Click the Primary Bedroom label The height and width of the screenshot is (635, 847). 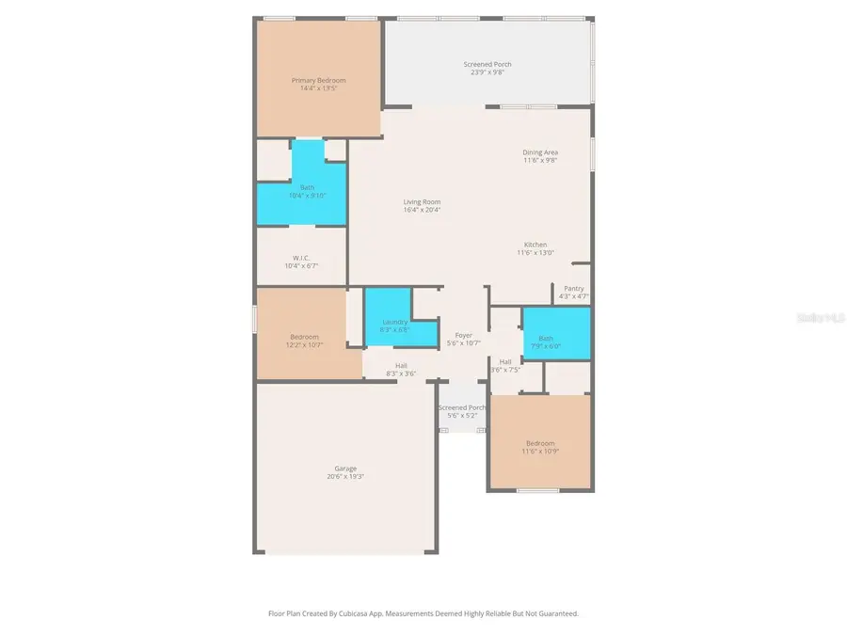(x=318, y=80)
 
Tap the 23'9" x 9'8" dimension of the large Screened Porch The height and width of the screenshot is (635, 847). (x=487, y=72)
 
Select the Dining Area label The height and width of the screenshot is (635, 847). (x=540, y=152)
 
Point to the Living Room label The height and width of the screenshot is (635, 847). (x=422, y=201)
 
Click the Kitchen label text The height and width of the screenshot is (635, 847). (x=535, y=245)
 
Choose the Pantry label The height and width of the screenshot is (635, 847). (x=574, y=289)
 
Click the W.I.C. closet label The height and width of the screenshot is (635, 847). (x=301, y=258)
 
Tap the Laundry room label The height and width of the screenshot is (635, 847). (x=394, y=322)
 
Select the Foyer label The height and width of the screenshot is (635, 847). (x=463, y=335)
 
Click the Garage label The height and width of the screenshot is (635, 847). (x=345, y=468)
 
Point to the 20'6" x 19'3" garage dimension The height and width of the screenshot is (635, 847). (x=345, y=477)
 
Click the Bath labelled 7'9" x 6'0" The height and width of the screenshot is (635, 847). (x=547, y=339)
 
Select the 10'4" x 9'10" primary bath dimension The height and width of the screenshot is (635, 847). (x=307, y=196)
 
